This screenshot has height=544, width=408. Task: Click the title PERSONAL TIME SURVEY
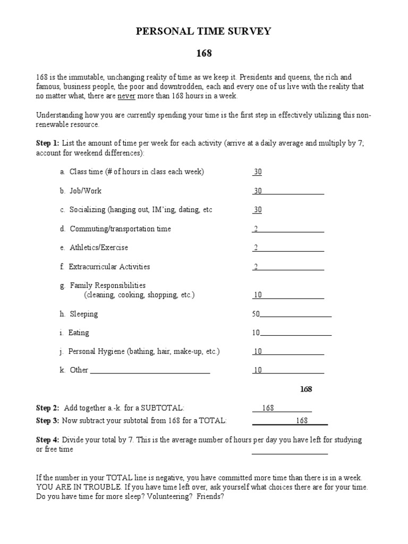pos(204,32)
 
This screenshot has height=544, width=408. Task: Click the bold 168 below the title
pos(204,54)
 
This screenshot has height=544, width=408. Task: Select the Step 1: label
pos(47,143)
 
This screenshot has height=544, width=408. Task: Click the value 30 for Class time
pos(258,172)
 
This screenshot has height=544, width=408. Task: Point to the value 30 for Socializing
pos(258,210)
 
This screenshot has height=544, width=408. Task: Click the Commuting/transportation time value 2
pos(256,229)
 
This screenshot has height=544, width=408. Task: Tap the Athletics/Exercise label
pos(98,248)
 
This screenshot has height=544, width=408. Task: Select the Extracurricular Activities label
pos(109,267)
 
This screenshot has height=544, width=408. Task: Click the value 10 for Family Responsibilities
pos(258,295)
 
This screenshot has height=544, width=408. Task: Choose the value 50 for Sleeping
pos(256,314)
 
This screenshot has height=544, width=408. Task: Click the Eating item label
pos(79,333)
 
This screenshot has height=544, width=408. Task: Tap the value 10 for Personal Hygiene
pos(258,352)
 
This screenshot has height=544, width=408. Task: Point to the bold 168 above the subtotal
pos(306,389)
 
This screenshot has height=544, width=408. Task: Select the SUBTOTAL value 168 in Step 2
pos(268,408)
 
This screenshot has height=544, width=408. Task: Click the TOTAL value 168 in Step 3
pos(302,421)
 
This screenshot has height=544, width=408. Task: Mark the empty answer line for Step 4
pos(290,452)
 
